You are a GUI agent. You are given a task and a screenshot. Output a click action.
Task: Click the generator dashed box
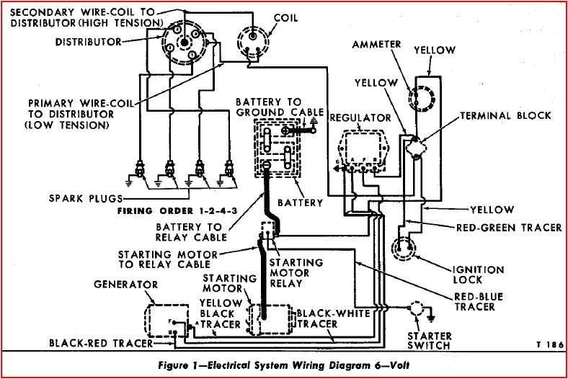[164, 318]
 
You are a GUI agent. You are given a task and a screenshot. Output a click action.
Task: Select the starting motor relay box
[266, 230]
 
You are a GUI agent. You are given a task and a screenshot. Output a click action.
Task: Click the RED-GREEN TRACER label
[510, 228]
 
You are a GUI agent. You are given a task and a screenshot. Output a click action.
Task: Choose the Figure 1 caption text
[283, 365]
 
